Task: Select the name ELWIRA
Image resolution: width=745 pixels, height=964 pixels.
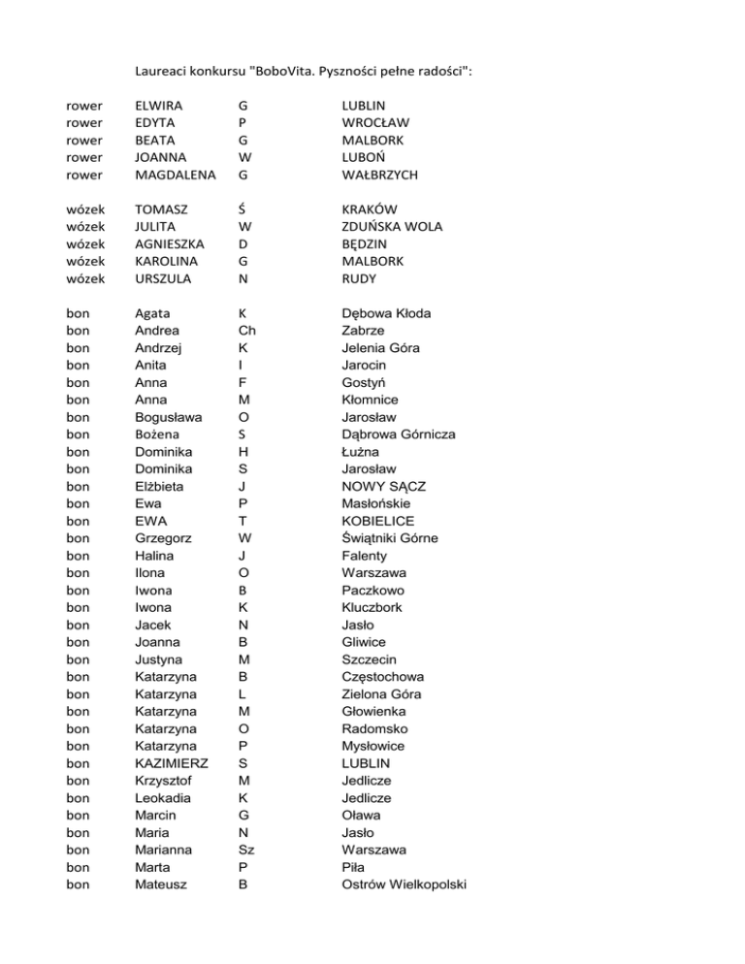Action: click(x=162, y=105)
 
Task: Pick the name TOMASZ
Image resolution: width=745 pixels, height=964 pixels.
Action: click(x=163, y=209)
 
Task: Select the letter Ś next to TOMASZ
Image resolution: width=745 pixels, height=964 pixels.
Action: click(x=242, y=209)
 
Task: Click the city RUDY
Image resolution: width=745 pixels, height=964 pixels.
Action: click(x=360, y=279)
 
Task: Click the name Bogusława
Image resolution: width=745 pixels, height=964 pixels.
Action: click(x=169, y=418)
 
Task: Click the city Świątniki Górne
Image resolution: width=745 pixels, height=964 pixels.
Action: click(x=389, y=539)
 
